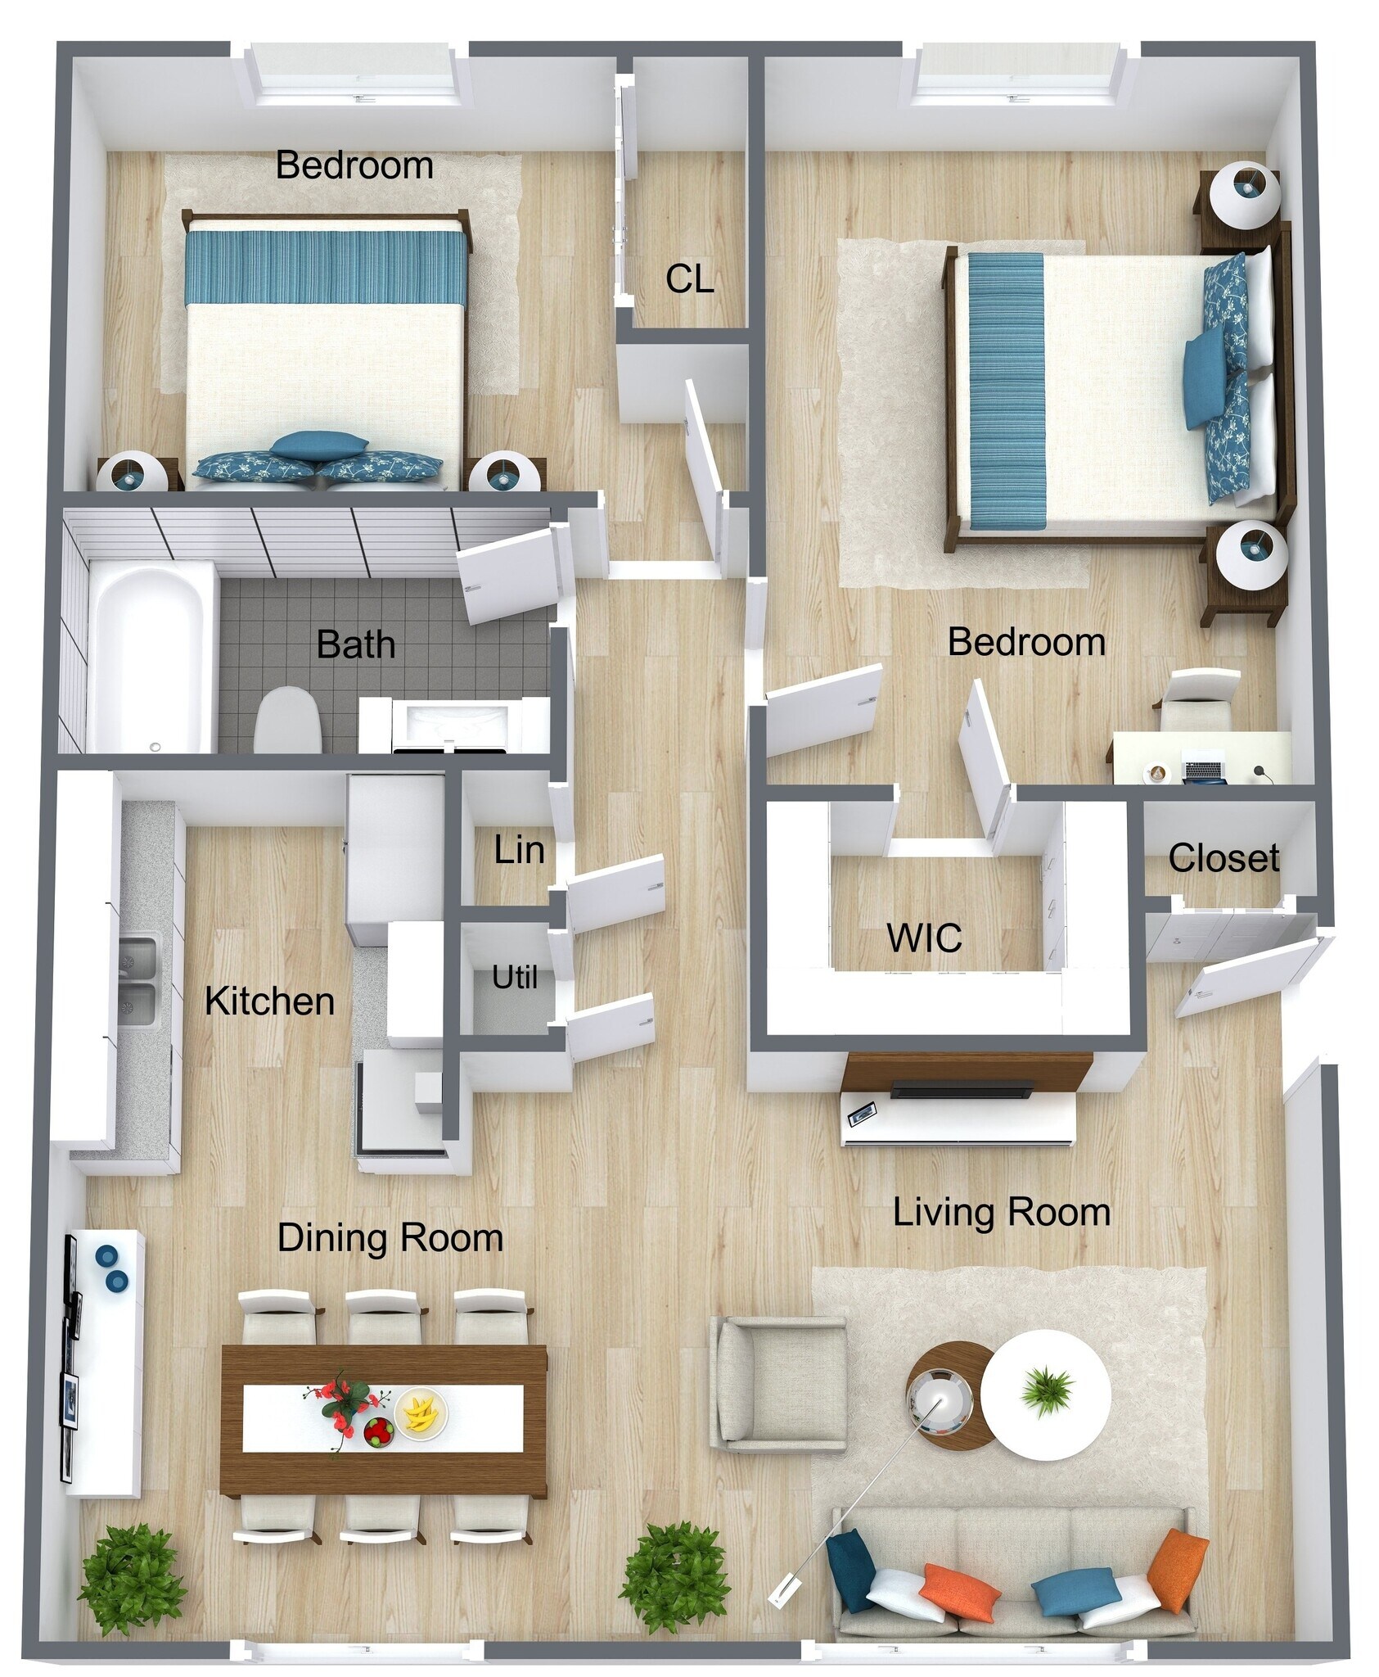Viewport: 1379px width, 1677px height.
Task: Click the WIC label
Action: [923, 938]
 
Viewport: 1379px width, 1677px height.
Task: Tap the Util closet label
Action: [514, 977]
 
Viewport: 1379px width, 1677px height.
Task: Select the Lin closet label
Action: [519, 850]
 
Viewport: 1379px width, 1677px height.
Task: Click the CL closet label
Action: [689, 279]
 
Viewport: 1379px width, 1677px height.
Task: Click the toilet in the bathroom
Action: [286, 721]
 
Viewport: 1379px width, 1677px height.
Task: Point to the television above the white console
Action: [963, 1089]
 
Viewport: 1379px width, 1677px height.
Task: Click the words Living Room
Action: [1001, 1213]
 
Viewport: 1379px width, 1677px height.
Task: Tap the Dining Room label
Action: [390, 1238]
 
